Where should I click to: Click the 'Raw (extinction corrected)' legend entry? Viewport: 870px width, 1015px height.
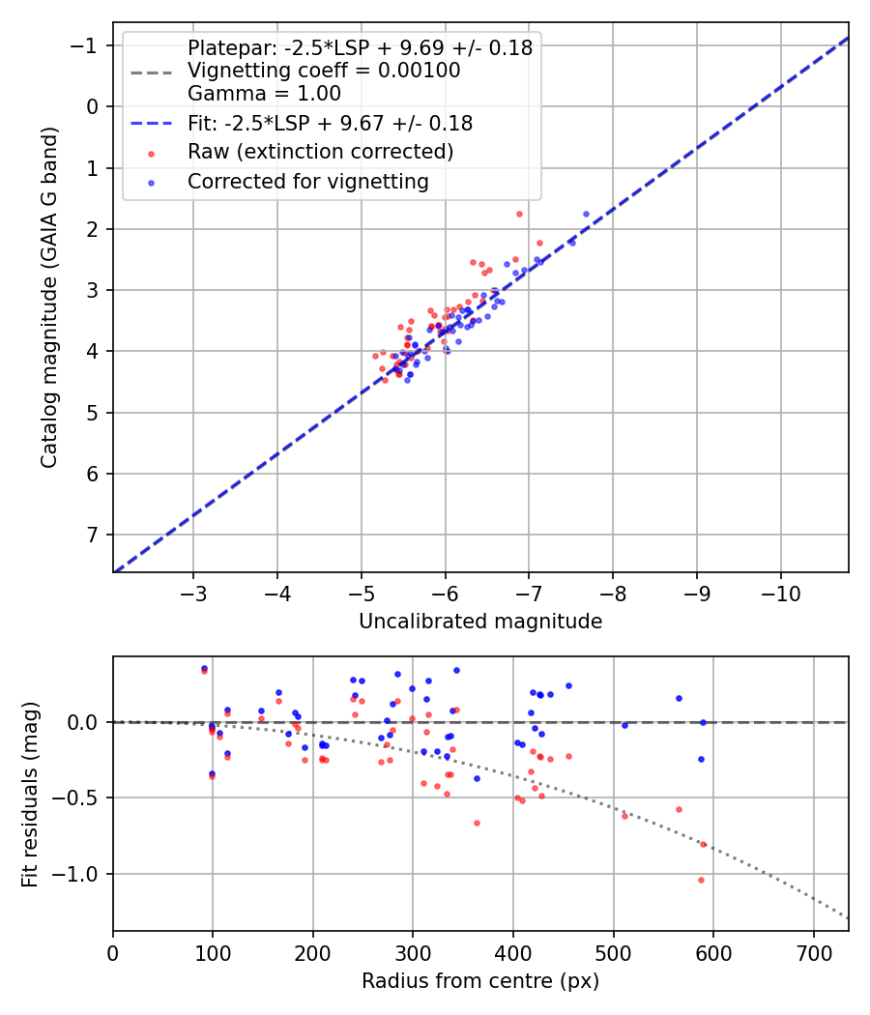(320, 152)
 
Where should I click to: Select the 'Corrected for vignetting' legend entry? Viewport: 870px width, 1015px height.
(307, 181)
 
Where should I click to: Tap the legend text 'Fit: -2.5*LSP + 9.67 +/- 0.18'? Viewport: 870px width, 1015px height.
(330, 124)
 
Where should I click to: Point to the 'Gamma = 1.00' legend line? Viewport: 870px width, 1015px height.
(264, 94)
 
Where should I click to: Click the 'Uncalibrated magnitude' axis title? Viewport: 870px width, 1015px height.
(480, 622)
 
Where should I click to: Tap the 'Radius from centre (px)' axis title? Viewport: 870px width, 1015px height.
(480, 981)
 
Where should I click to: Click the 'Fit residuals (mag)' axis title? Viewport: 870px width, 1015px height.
(30, 794)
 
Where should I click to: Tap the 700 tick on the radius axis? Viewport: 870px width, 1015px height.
(813, 952)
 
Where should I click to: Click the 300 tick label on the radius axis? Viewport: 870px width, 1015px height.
(413, 952)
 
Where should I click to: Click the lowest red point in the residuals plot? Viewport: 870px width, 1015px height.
(701, 880)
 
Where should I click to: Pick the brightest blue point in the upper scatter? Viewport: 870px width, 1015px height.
(586, 214)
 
